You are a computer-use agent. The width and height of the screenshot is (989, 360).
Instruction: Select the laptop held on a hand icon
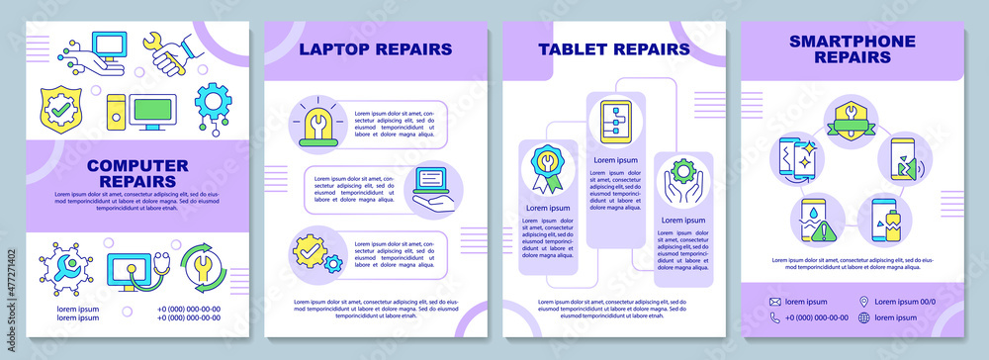431,188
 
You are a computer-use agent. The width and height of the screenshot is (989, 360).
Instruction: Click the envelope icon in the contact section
775,300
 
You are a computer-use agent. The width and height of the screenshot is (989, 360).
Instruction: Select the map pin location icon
863,300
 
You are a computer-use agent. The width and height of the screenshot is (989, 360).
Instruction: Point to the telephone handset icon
775,317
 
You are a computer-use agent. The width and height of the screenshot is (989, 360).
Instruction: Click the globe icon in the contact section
863,317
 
